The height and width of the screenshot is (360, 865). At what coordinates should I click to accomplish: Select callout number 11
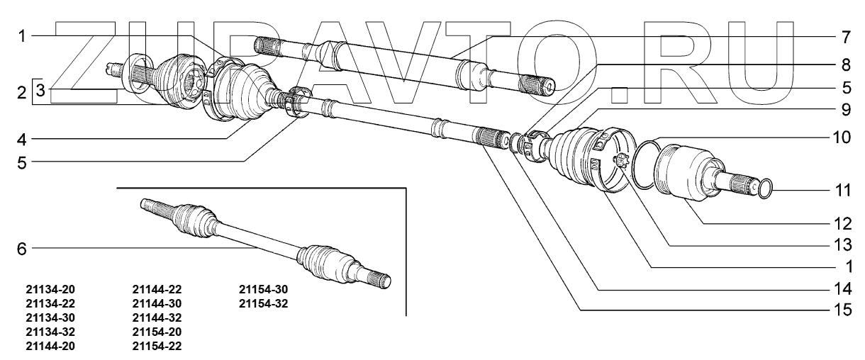842,191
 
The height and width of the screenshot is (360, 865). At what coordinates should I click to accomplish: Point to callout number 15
842,310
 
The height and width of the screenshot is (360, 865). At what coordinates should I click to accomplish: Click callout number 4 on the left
22,137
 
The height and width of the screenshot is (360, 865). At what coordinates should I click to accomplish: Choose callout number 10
842,137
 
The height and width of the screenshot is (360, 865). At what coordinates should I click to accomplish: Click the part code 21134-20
50,290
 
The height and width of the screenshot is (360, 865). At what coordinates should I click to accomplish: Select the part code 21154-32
264,304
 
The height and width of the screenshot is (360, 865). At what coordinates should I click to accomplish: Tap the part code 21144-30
157,304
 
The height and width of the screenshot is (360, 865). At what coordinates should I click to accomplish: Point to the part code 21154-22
157,345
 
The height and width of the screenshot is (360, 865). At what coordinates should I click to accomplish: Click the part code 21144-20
50,345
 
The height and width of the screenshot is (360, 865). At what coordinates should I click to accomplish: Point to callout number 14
842,290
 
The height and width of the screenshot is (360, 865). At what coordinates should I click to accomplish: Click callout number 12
842,223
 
